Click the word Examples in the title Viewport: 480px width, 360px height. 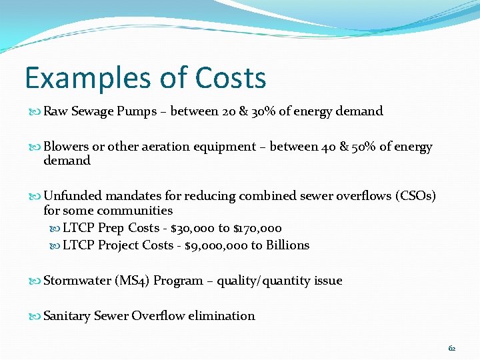[82, 78]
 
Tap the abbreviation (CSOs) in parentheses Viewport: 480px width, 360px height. [416, 196]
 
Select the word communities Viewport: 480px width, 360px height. [135, 211]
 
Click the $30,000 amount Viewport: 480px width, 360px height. [193, 228]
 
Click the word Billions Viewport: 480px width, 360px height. [288, 245]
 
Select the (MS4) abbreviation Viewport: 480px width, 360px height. [132, 281]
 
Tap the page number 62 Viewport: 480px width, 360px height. [452, 348]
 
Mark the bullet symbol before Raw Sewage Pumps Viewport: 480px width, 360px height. [36, 112]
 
